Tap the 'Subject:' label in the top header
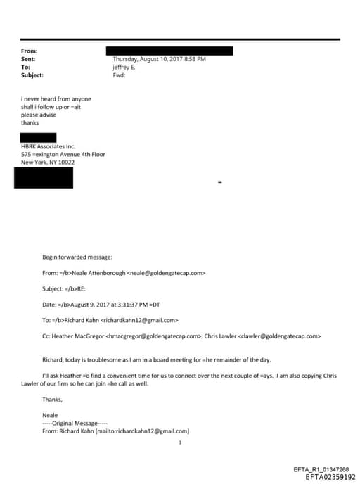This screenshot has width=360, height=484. click(x=32, y=75)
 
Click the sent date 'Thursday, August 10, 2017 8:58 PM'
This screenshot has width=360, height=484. click(x=159, y=59)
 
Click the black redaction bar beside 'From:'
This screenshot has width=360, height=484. click(x=169, y=51)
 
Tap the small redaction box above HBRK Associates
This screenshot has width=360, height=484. click(x=38, y=137)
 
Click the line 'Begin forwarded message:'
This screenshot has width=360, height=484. click(x=72, y=257)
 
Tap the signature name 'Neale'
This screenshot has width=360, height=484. click(x=49, y=415)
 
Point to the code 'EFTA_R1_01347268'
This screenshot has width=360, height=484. click(x=321, y=469)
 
